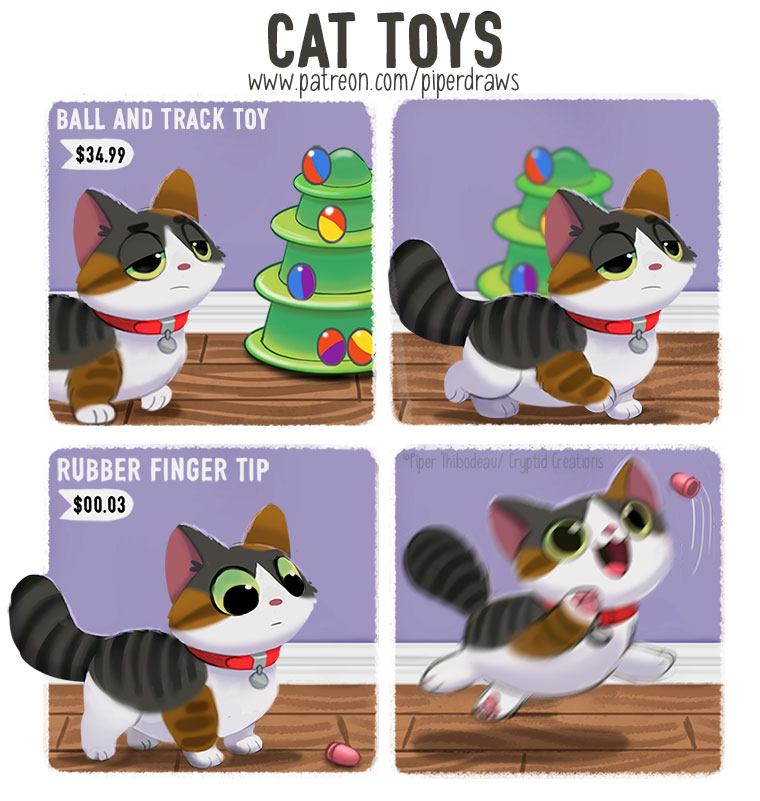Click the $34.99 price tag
coord(96,154)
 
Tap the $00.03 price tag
coord(96,505)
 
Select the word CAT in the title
coord(311,40)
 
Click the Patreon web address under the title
coord(384,82)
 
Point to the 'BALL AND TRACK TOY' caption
coord(162,119)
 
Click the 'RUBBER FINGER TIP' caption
coord(162,469)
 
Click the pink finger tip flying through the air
coord(685,484)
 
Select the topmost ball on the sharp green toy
coord(317,166)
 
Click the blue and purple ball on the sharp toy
coord(301,281)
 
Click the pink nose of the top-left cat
coord(184,266)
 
